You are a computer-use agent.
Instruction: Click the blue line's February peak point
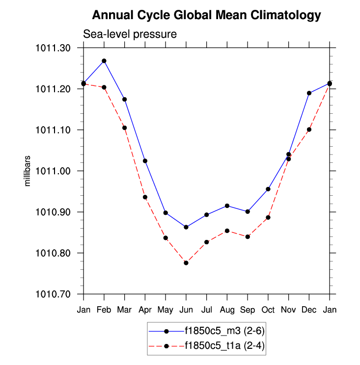tap(104, 61)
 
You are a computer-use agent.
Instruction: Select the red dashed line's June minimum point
tap(186, 263)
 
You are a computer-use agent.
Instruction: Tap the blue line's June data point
tap(186, 227)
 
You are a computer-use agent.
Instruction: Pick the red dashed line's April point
tap(145, 197)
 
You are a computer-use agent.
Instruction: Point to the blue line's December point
tap(309, 93)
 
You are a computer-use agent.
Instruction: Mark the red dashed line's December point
tap(309, 130)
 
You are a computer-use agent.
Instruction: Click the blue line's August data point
tap(227, 206)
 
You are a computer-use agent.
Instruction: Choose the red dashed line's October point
tap(268, 217)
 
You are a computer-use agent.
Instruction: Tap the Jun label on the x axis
tap(186, 310)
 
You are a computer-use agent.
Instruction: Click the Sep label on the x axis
tap(248, 310)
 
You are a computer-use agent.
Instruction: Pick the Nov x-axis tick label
tap(288, 310)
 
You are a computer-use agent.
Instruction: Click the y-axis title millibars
tap(28, 171)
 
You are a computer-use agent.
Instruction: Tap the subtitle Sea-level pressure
tap(130, 34)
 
